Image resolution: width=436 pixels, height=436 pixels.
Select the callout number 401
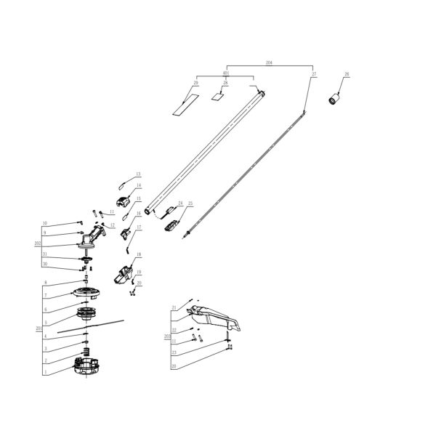tap(225, 73)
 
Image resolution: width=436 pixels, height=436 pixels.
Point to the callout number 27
tap(314, 74)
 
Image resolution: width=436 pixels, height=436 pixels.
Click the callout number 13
tap(138, 175)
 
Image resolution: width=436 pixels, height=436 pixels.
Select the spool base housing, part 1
tap(87, 370)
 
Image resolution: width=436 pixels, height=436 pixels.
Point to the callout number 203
tap(166, 337)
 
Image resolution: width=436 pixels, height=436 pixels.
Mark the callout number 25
tap(190, 204)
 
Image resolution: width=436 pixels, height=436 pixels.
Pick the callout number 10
tap(44, 223)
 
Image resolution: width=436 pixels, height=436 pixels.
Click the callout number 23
tap(174, 352)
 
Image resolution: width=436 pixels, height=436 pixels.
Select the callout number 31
tap(44, 254)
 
